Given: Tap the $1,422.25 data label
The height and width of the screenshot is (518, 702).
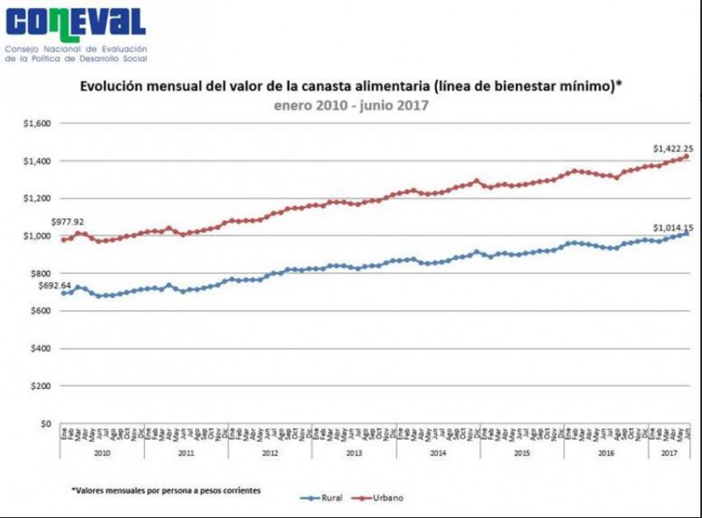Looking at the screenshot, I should click(673, 148).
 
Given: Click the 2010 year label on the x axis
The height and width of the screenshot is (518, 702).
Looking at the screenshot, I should click(102, 452).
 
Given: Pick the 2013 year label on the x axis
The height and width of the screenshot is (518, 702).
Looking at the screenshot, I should click(354, 452).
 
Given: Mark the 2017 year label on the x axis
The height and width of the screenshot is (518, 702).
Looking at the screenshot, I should click(669, 452).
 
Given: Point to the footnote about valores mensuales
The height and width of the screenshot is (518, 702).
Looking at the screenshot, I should click(166, 489).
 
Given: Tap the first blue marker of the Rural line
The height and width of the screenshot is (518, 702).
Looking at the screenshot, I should click(63, 293).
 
